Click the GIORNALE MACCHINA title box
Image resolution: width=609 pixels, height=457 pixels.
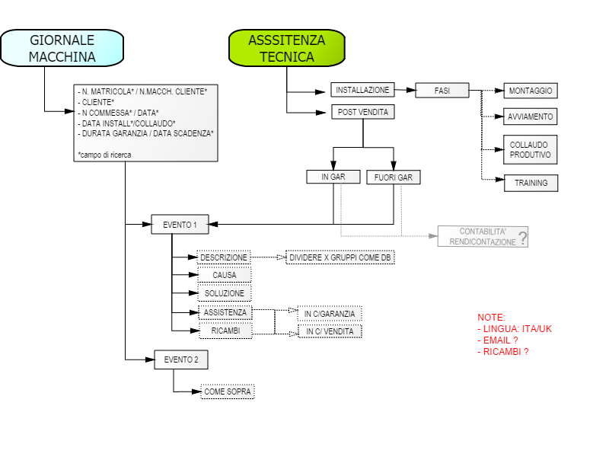tap(62, 48)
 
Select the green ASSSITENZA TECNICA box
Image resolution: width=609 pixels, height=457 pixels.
tap(287, 48)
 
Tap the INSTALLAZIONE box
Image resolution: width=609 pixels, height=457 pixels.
tap(363, 90)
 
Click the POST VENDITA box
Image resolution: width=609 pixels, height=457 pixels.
tap(363, 112)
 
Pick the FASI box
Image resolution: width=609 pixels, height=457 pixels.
tap(442, 91)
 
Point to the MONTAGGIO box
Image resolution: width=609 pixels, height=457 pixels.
tap(531, 91)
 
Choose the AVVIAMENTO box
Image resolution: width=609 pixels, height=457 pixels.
tap(531, 117)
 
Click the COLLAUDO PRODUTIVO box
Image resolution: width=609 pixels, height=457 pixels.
tap(531, 149)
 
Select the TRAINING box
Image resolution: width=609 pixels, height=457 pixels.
tap(531, 183)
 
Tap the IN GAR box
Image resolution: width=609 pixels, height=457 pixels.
tap(333, 177)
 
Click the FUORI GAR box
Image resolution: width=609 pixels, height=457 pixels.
tap(394, 177)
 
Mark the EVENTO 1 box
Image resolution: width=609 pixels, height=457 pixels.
tap(180, 225)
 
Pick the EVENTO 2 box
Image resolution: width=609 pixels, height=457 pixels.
tap(181, 360)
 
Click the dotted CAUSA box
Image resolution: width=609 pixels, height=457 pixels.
tap(225, 275)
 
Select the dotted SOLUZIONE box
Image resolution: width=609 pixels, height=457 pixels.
tap(225, 293)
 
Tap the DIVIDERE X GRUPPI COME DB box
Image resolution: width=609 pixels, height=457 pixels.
tap(340, 257)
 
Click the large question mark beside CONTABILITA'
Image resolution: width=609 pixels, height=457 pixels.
tap(523, 238)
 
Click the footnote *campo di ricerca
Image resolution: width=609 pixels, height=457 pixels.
tap(104, 155)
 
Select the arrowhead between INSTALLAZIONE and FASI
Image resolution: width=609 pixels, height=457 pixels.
tap(411, 90)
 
